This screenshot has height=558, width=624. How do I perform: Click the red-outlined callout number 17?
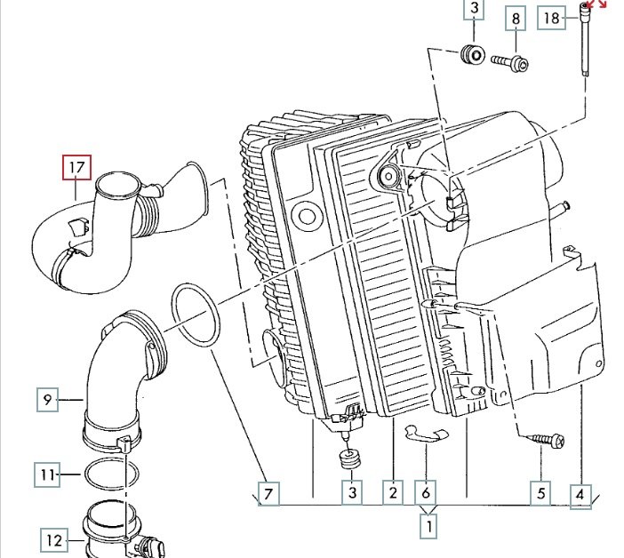(76, 167)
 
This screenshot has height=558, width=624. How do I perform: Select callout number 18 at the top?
(552, 18)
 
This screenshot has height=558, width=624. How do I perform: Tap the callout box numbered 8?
(516, 19)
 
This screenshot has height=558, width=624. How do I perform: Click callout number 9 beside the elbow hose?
(47, 399)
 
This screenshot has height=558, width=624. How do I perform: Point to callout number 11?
(47, 474)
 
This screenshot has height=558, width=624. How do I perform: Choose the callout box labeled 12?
(54, 540)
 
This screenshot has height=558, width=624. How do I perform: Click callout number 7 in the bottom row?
(268, 494)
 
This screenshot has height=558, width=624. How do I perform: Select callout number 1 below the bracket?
(428, 526)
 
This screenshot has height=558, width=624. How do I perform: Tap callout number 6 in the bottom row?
(426, 493)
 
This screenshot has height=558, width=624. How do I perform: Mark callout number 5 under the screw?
(540, 493)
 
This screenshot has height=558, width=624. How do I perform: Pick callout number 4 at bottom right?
(580, 496)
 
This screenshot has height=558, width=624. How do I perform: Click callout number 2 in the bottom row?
(393, 493)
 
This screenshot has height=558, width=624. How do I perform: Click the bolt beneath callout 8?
(510, 63)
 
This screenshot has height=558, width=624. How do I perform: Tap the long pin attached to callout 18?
(585, 39)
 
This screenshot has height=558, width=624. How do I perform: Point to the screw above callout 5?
(545, 441)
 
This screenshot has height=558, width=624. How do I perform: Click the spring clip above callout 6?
(426, 434)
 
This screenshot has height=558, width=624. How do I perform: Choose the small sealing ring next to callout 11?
(112, 474)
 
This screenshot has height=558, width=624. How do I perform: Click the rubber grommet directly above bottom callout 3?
(350, 459)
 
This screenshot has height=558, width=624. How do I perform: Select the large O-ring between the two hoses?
(196, 315)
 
